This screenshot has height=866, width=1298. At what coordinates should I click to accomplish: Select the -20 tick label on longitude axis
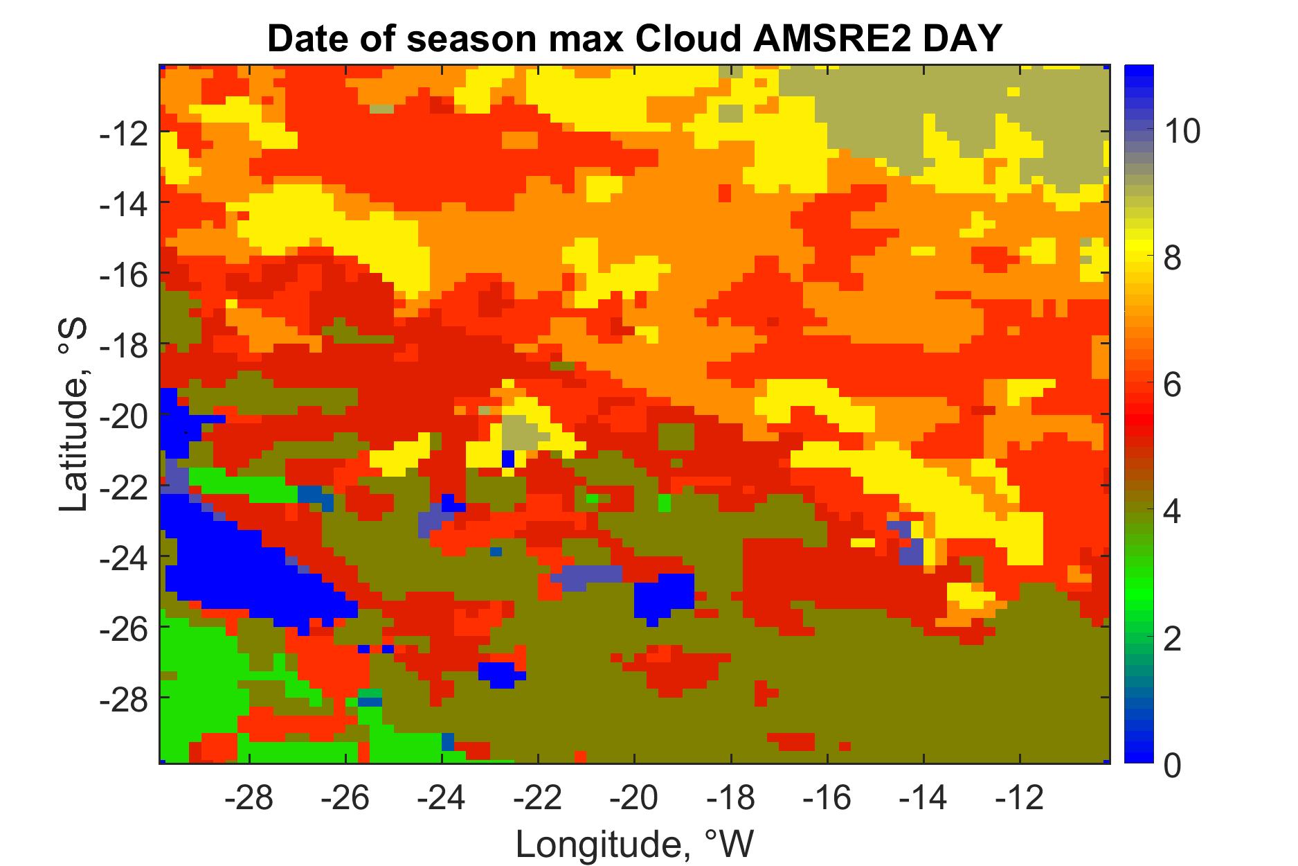tap(633, 799)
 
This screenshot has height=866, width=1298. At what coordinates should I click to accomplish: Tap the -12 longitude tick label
tap(1019, 799)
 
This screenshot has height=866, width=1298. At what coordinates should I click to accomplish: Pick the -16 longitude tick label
tap(827, 799)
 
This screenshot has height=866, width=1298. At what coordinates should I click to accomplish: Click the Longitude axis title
tap(633, 843)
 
